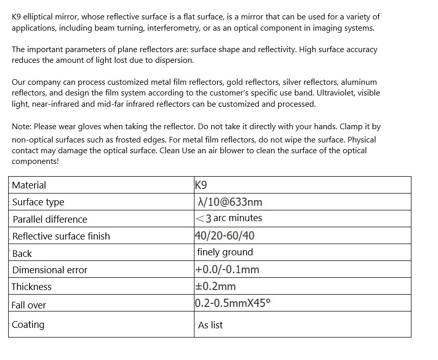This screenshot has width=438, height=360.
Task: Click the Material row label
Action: coord(29,185)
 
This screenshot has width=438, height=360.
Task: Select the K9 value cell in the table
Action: coord(201,185)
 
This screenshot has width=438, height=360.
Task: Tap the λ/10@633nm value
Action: coord(230,202)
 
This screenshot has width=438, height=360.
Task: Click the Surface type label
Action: coord(38,202)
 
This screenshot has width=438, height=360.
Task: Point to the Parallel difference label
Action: coord(50,220)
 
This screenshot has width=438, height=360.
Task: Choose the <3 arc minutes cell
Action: coord(229,219)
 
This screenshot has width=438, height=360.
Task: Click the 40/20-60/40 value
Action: coord(225,236)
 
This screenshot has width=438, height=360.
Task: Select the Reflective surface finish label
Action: coord(61,236)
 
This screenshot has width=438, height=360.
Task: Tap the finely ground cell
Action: coord(225,252)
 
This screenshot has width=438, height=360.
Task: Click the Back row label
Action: coord(22,254)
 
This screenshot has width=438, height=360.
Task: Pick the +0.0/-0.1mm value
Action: coord(227,270)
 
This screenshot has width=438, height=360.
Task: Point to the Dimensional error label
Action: coord(50,270)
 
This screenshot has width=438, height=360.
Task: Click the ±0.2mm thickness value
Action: coord(215,286)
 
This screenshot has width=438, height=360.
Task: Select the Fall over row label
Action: coord(29,305)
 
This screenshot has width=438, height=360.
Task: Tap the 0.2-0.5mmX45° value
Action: coord(233,303)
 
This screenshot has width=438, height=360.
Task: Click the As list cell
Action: coord(210,325)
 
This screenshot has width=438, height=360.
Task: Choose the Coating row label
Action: coord(28,325)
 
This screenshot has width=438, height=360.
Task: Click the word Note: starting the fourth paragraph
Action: coord(22,126)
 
